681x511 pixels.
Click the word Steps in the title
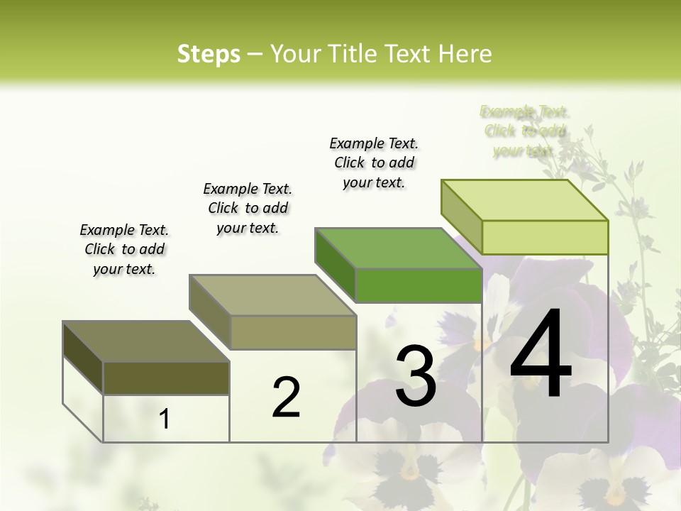coord(209,54)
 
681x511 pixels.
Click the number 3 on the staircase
coord(415,376)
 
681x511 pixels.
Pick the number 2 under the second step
coord(286,397)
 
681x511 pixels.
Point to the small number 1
coord(165,419)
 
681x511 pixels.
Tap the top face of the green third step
coord(398,248)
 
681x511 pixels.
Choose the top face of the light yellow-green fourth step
coord(524,200)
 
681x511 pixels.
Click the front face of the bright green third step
coord(419,286)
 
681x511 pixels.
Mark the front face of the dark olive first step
coord(166,378)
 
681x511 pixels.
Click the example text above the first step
coord(124,250)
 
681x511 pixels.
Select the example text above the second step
coord(248,208)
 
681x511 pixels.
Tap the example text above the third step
coord(374,163)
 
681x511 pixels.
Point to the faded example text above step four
coord(524,131)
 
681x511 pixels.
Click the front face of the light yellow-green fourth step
coord(545,237)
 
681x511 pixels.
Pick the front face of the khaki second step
coord(293,332)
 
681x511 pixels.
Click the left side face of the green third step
coord(335,265)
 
